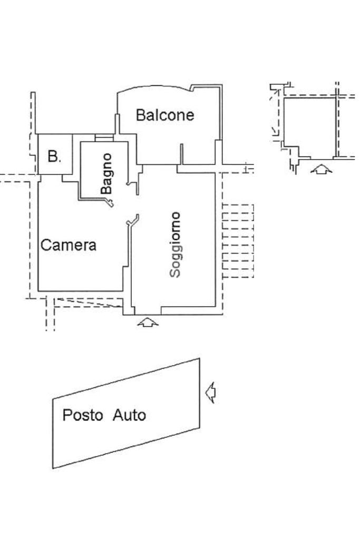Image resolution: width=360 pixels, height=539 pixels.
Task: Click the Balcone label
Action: pyautogui.click(x=165, y=115)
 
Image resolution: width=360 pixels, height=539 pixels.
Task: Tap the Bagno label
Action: pyautogui.click(x=106, y=174)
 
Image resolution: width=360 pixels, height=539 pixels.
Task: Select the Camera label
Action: pyautogui.click(x=69, y=245)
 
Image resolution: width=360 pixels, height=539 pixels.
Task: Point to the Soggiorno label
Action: pyautogui.click(x=176, y=245)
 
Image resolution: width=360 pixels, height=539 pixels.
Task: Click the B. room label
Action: pyautogui.click(x=54, y=156)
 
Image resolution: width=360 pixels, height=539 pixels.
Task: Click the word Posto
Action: pyautogui.click(x=83, y=415)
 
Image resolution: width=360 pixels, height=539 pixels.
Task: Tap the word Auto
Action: pyautogui.click(x=129, y=415)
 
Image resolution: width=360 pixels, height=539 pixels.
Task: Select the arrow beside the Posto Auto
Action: pyautogui.click(x=210, y=392)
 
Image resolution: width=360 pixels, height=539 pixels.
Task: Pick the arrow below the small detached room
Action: pyautogui.click(x=321, y=169)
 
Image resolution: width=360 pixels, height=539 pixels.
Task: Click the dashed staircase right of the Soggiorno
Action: pyautogui.click(x=238, y=241)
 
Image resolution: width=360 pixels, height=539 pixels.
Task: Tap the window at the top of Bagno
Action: pyautogui.click(x=104, y=138)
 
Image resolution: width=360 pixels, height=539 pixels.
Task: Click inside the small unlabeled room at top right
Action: pyautogui.click(x=309, y=127)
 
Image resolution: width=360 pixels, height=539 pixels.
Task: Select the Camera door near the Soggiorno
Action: pyautogui.click(x=133, y=220)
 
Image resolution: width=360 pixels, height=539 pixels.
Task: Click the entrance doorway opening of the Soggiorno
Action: pyautogui.click(x=148, y=315)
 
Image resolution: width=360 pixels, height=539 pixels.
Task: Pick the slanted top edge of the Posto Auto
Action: pyautogui.click(x=126, y=379)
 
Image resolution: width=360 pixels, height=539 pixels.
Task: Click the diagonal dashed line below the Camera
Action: pyautogui.click(x=89, y=302)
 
